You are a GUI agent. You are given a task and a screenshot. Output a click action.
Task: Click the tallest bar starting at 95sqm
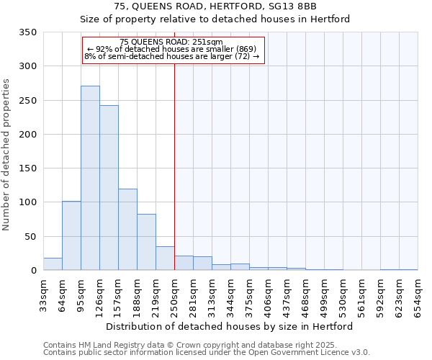click(x=90, y=178)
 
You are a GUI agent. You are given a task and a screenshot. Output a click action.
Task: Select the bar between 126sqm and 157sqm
click(x=109, y=187)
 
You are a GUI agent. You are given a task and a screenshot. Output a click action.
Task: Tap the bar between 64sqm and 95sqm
click(x=71, y=235)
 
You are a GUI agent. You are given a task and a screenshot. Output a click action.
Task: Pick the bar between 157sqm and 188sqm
click(x=127, y=229)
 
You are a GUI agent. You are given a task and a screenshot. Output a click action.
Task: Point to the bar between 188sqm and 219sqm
click(x=146, y=242)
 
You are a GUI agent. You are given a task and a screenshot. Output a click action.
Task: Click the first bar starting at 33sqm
click(x=53, y=264)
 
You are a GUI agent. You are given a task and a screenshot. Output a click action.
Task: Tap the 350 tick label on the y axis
click(x=28, y=32)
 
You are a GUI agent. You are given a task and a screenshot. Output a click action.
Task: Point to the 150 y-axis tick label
click(x=28, y=168)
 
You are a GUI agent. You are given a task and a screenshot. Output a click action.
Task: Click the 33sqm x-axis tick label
click(x=44, y=292)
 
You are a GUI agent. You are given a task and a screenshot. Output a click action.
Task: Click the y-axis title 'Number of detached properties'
click(x=7, y=155)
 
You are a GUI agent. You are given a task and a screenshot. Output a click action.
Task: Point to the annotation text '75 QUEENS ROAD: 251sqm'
click(x=171, y=42)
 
